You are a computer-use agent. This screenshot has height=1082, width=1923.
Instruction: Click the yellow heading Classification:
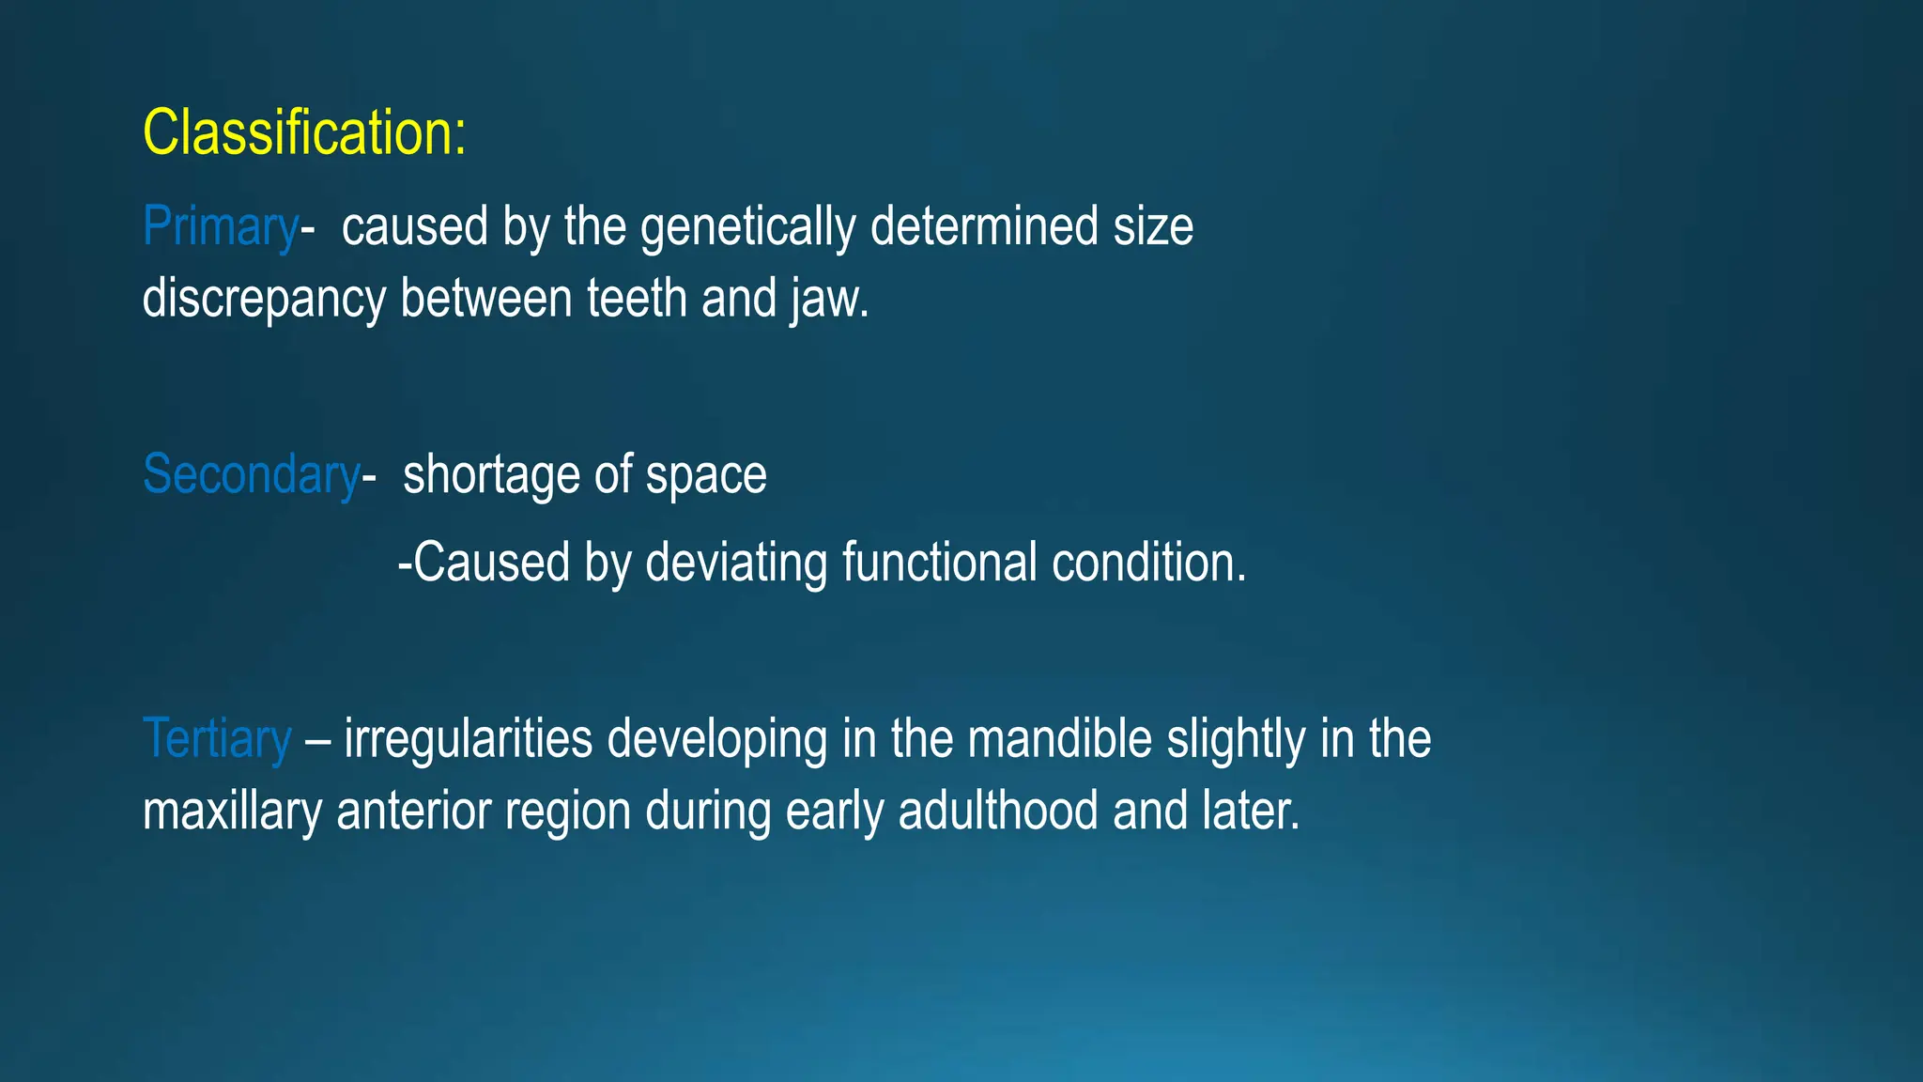coord(303,132)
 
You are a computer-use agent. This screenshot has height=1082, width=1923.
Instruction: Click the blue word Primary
coord(220,227)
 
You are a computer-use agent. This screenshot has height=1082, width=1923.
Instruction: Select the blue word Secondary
coord(251,474)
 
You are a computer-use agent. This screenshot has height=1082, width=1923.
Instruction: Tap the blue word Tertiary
coord(217,739)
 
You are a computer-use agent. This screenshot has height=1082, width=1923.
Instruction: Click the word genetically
coord(747,227)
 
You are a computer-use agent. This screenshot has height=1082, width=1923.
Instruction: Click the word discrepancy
coord(263,299)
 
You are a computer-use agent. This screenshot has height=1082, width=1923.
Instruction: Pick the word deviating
coord(736,563)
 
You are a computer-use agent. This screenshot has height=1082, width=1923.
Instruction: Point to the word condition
coord(1147,563)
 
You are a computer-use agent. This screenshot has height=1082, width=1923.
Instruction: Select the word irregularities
coord(468,739)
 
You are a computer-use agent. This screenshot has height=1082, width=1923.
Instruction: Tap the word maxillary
coord(232,811)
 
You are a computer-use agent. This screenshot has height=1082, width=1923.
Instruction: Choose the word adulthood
coord(997,811)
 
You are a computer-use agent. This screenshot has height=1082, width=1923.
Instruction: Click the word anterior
coord(414,811)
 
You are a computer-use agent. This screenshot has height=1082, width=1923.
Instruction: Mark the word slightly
coord(1236,739)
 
